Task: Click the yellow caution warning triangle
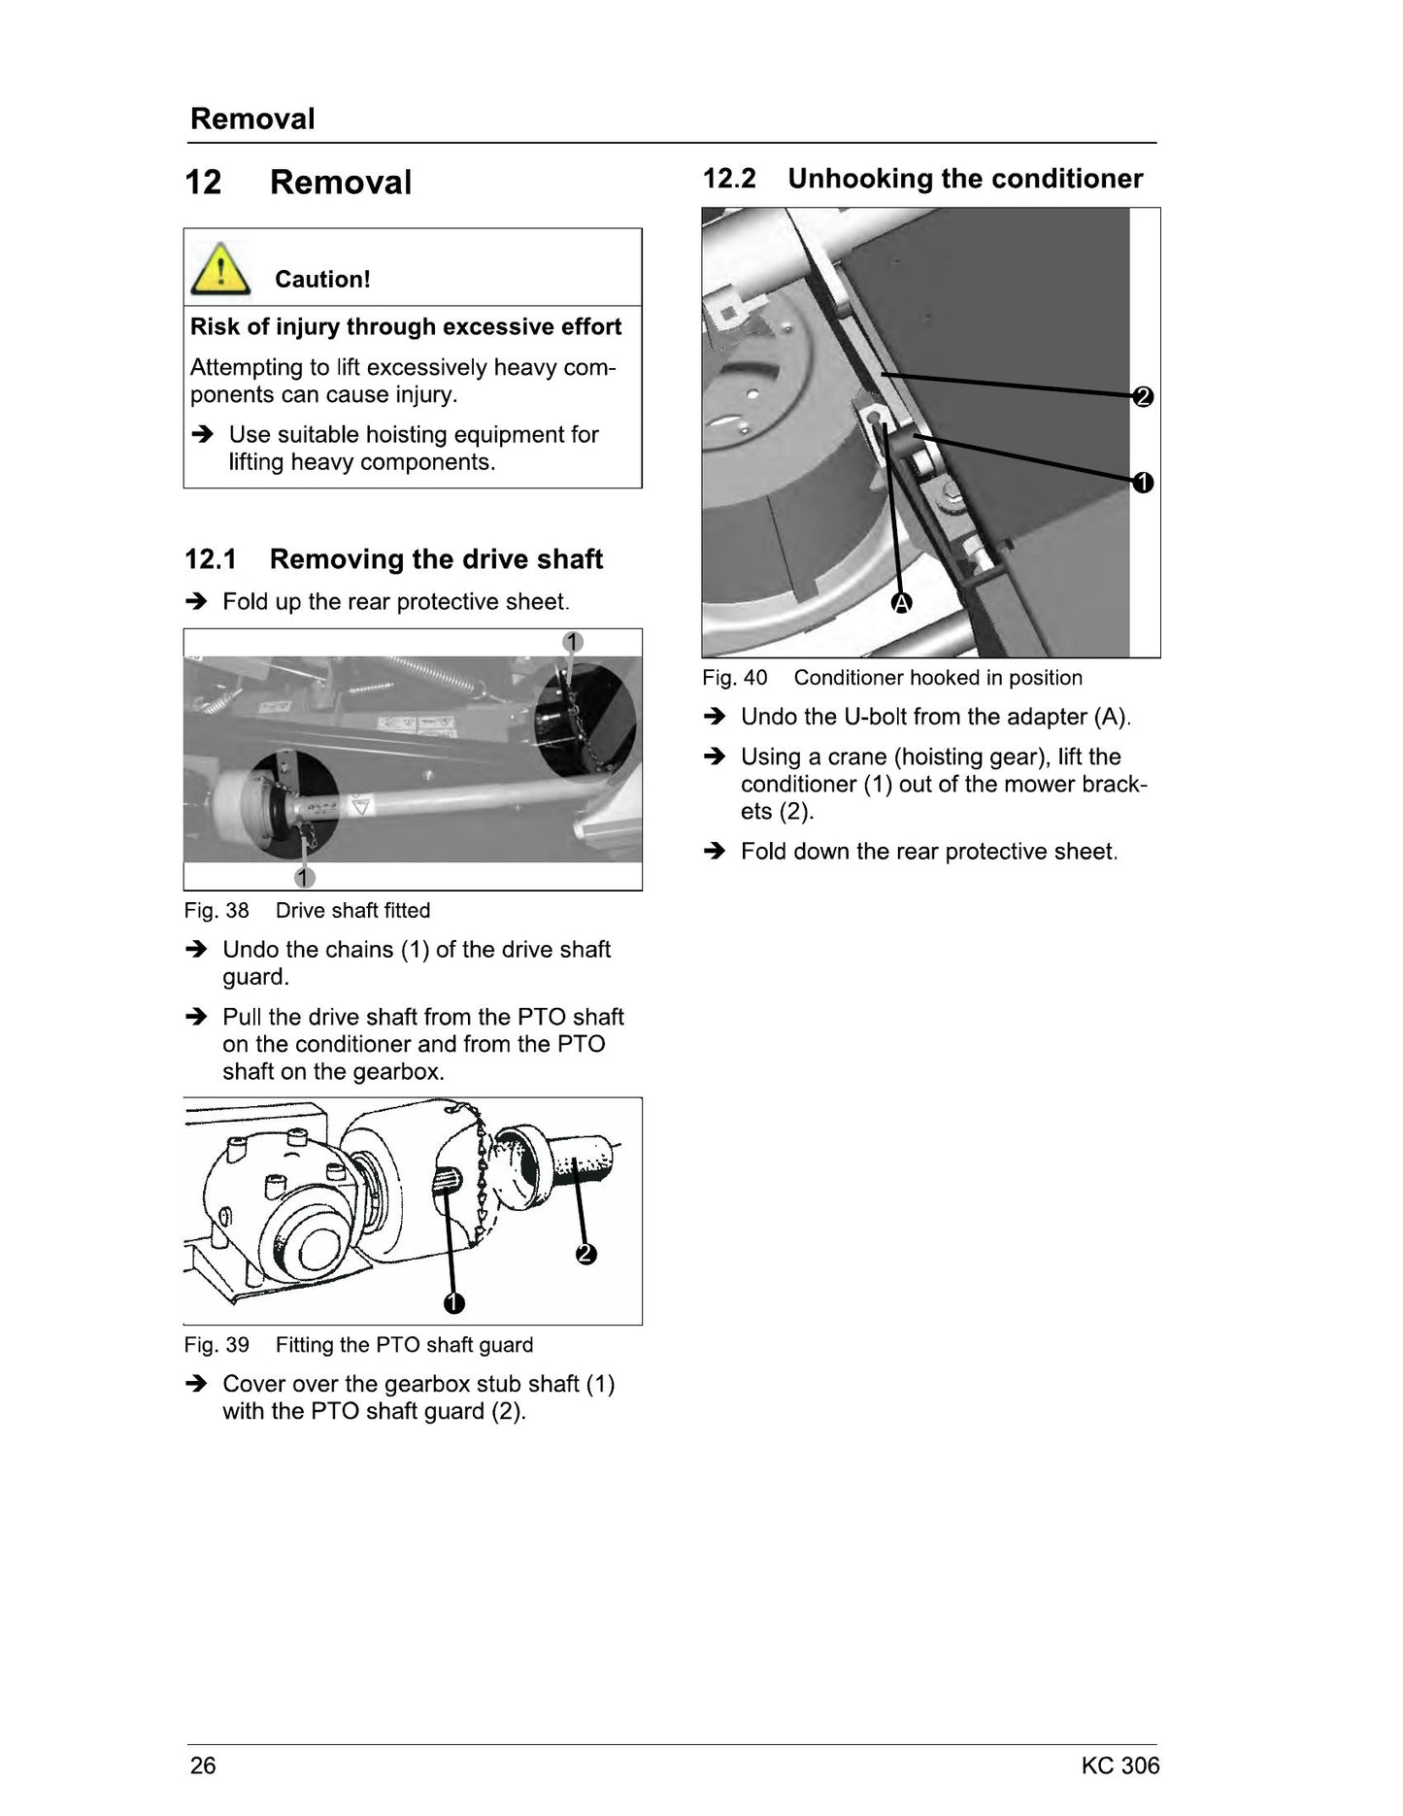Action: [x=220, y=269]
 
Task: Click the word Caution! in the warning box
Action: [x=322, y=280]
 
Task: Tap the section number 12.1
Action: [x=211, y=559]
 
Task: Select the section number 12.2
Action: [x=729, y=179]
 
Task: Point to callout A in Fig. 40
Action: [x=902, y=603]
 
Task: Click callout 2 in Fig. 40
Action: [x=1143, y=396]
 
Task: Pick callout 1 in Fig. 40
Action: [x=1143, y=482]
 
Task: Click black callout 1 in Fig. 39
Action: [x=453, y=1303]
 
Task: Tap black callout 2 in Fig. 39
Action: [x=585, y=1254]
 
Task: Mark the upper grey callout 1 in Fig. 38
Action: [x=573, y=642]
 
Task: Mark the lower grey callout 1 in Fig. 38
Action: [x=305, y=877]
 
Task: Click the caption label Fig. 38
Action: [x=217, y=911]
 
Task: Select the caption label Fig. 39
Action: [x=217, y=1345]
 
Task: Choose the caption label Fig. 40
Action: [x=735, y=678]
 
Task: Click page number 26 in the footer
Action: [x=203, y=1766]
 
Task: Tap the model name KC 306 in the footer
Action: [x=1120, y=1766]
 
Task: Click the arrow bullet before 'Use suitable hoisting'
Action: [x=202, y=434]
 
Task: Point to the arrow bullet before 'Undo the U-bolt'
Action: [x=715, y=717]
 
